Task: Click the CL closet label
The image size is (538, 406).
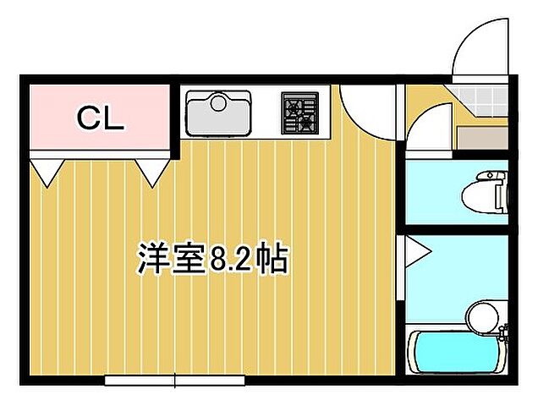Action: pyautogui.click(x=101, y=119)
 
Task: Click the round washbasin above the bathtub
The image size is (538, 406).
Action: pyautogui.click(x=481, y=316)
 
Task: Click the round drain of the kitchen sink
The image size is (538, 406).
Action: pyautogui.click(x=219, y=105)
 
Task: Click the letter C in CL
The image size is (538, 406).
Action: pyautogui.click(x=89, y=119)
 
